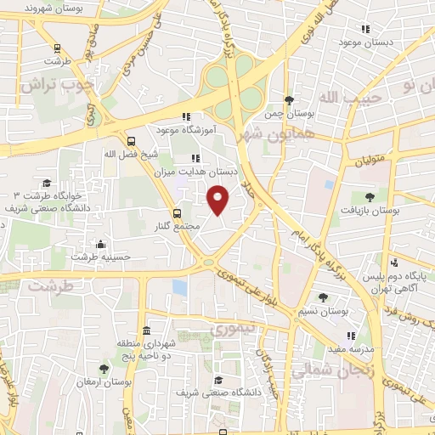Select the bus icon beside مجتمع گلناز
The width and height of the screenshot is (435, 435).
click(177, 213)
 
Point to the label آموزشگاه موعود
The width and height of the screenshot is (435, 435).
click(184, 130)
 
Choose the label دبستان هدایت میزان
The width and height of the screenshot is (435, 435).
click(196, 171)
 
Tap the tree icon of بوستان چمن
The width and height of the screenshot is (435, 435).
click(288, 99)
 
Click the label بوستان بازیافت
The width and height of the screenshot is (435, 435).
click(376, 209)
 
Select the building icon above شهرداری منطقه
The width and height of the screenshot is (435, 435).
click(146, 330)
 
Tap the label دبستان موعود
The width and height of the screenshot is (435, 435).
click(365, 41)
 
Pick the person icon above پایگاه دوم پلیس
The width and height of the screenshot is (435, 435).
click(394, 263)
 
